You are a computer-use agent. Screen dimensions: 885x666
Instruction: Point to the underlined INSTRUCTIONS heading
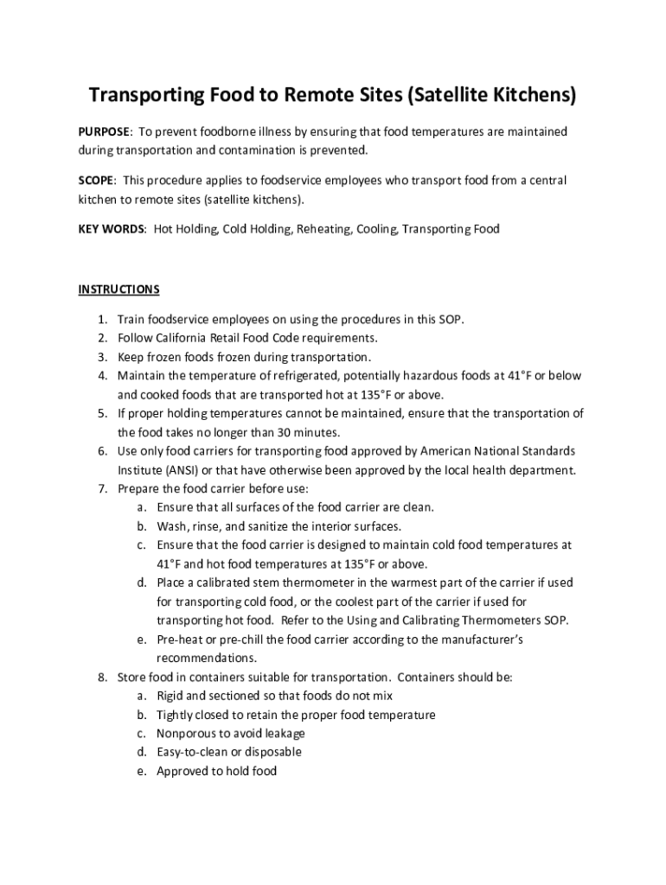point(119,289)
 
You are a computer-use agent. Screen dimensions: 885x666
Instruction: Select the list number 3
point(101,357)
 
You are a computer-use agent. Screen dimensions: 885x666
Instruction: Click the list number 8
point(101,677)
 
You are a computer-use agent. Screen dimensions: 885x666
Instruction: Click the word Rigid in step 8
point(170,696)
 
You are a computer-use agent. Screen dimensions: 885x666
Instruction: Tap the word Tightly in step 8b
point(176,715)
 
